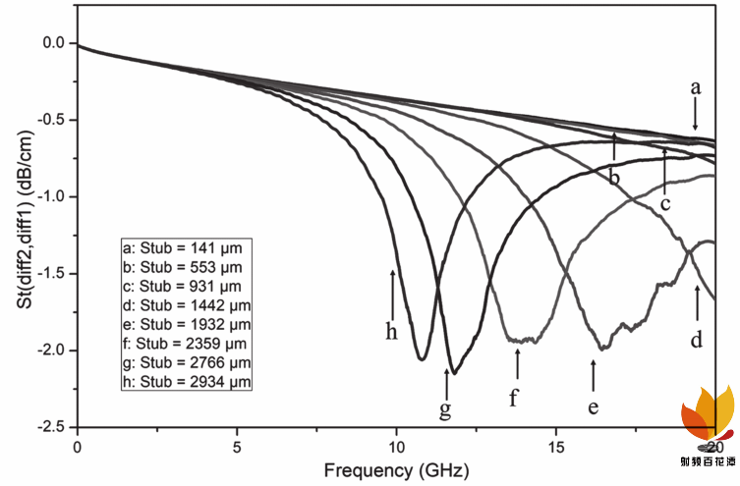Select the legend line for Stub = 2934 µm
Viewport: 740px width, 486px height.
click(185, 381)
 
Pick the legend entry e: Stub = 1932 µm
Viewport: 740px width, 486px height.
click(185, 323)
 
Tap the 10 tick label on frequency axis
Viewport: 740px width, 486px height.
click(396, 446)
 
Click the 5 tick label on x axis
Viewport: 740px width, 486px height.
click(237, 446)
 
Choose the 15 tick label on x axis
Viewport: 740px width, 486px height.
click(556, 446)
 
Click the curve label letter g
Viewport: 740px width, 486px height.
click(445, 410)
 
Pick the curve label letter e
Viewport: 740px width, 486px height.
click(594, 405)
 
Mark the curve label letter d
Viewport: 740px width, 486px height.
click(696, 341)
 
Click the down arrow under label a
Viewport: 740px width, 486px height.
click(696, 116)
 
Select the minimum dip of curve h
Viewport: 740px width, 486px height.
click(421, 359)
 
